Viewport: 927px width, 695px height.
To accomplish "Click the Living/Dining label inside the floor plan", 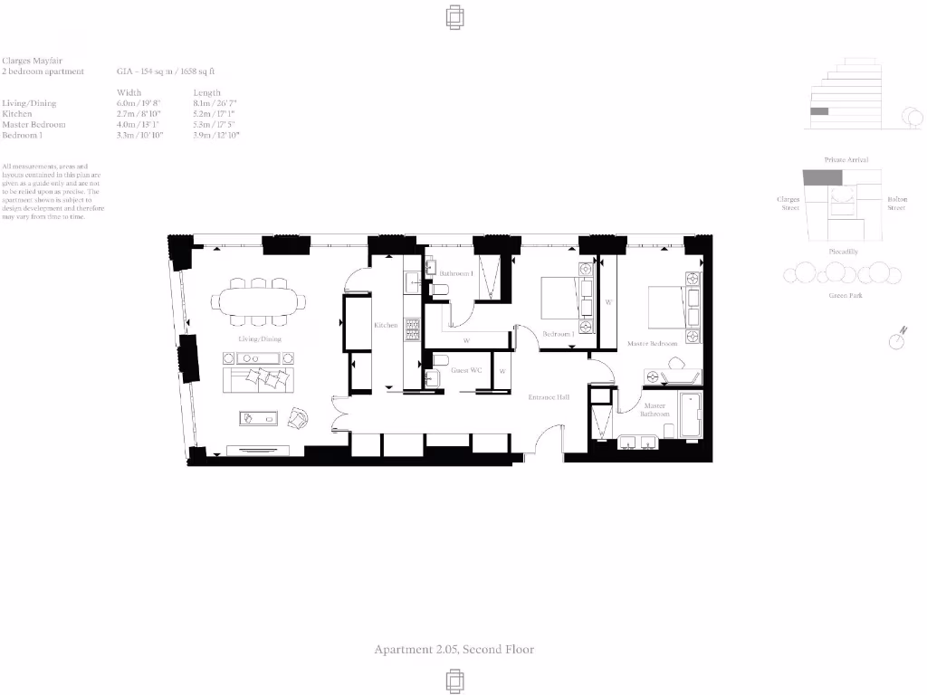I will tap(260, 339).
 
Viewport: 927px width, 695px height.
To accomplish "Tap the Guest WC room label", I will tap(465, 371).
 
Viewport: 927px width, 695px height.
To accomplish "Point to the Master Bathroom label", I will tap(655, 410).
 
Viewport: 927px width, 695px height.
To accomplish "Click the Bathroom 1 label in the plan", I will tap(456, 273).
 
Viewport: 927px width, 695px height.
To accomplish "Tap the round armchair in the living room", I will tap(299, 418).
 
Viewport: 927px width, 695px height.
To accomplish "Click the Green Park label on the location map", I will tap(844, 296).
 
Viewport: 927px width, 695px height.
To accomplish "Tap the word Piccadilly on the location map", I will tap(844, 251).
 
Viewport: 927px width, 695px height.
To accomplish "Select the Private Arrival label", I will tap(846, 160).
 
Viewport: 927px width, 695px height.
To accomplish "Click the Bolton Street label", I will tap(895, 204).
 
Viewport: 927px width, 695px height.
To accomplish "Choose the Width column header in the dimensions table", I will tap(129, 93).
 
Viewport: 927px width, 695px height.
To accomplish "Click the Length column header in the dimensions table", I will tap(206, 93).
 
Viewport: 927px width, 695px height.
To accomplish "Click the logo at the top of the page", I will tap(455, 17).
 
